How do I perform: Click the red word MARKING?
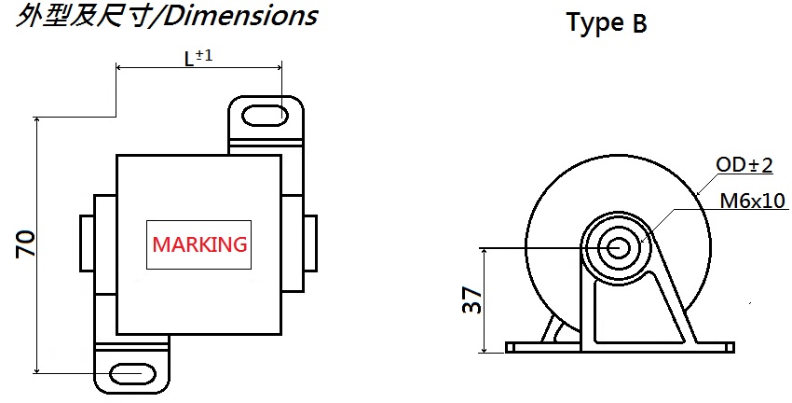(200, 245)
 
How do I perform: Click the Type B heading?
(607, 24)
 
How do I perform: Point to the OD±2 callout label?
(744, 166)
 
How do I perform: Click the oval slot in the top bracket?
(266, 116)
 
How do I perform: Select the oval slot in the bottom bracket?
(131, 374)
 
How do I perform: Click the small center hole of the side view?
(617, 248)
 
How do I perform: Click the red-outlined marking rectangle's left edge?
(145, 245)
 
